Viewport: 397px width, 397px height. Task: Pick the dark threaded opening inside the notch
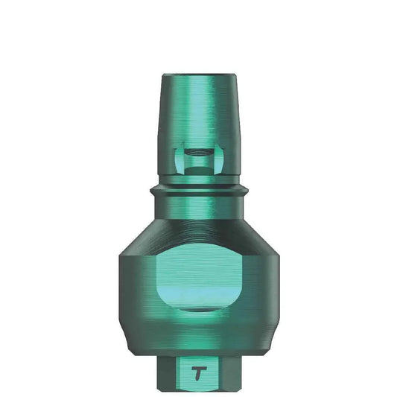[x=198, y=162]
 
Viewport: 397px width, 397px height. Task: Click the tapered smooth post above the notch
[x=198, y=112]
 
